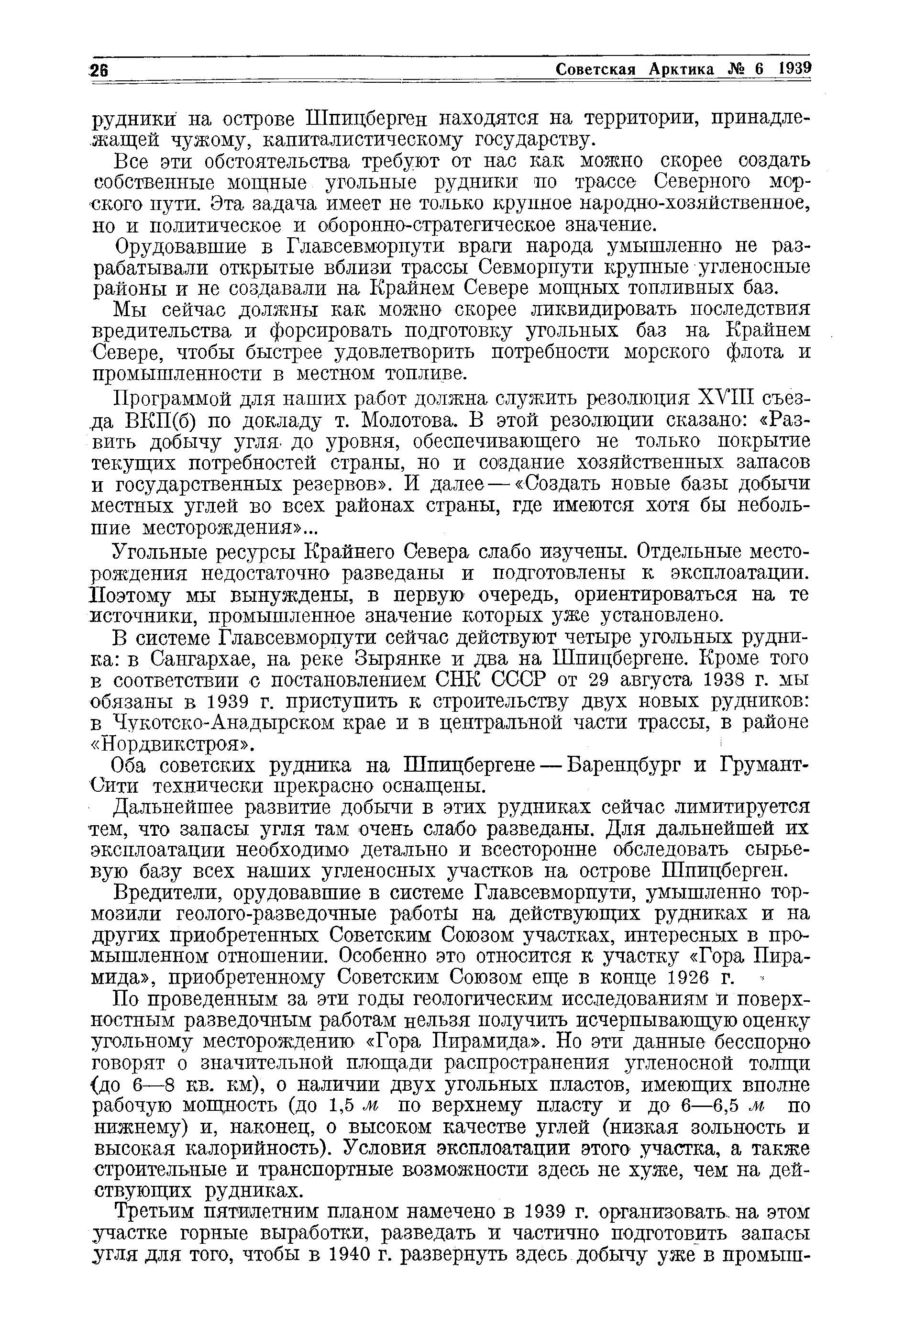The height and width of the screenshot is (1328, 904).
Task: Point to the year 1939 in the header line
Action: click(794, 68)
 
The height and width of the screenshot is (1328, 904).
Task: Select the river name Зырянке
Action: click(398, 659)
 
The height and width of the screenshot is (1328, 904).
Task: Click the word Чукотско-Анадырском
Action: click(226, 723)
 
